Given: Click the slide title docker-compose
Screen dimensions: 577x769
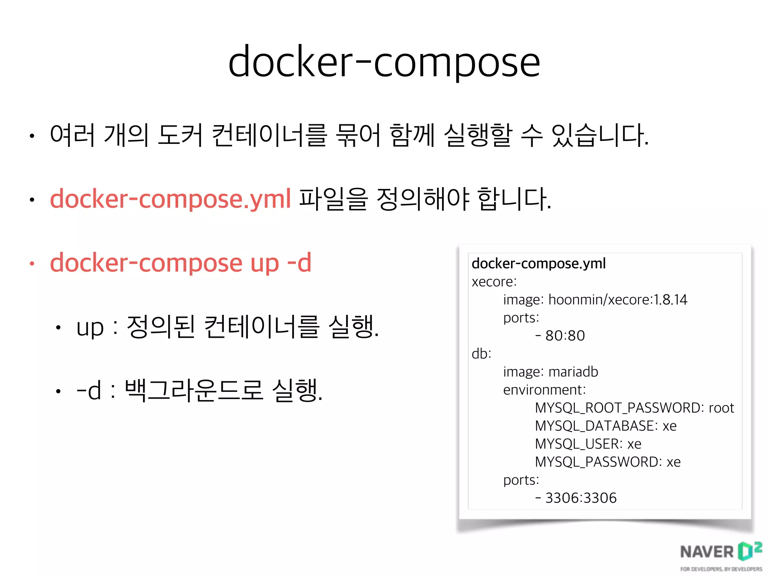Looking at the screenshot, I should (384, 62).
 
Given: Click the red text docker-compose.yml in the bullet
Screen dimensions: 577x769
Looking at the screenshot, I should (170, 199).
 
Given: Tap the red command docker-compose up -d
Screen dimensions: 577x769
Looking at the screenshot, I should (181, 263).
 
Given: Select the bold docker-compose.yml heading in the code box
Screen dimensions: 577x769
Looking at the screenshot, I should (538, 264).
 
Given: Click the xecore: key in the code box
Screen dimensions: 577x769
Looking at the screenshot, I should (494, 282).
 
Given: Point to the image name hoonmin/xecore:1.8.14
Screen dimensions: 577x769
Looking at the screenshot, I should (618, 300).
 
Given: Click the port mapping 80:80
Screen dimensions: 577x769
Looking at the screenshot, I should (565, 336).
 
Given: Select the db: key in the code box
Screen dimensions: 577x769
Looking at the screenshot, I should (481, 354).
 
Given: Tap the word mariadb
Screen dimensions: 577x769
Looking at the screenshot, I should (573, 372).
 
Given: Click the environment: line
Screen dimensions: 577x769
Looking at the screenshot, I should (544, 390).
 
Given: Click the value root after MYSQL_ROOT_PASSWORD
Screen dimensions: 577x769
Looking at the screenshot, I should (721, 408).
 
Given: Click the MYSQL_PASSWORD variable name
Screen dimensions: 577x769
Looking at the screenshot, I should (598, 462).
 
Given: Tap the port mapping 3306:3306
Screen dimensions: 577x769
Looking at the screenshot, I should (581, 498).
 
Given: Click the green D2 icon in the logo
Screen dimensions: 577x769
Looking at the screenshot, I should (749, 551).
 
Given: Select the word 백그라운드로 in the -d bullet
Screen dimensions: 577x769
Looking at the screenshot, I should (193, 390).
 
